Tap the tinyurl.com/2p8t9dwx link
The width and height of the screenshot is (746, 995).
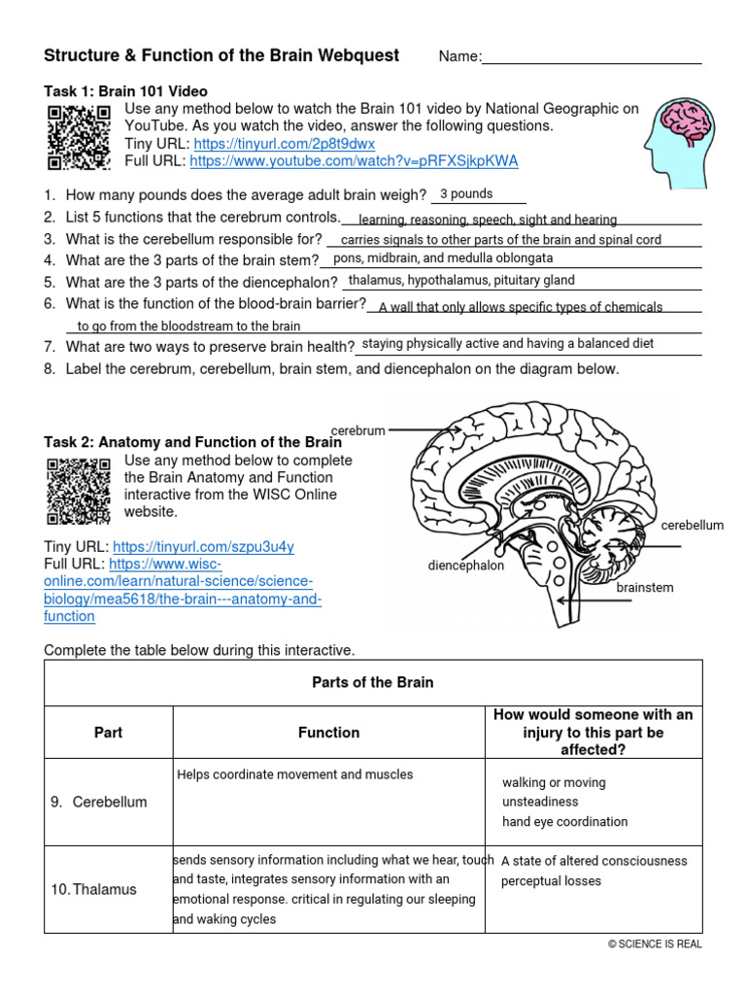pos(284,144)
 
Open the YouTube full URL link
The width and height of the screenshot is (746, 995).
pos(354,161)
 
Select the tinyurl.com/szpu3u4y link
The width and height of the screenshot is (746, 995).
pos(203,547)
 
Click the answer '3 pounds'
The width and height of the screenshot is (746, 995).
pos(466,194)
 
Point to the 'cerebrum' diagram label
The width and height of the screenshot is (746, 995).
pos(358,430)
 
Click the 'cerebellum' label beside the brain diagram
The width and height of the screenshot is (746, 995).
pos(693,526)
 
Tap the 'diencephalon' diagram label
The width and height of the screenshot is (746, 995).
pos(466,566)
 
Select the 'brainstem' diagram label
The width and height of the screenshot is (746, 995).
pos(645,588)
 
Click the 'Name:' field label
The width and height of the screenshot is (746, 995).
pos(459,57)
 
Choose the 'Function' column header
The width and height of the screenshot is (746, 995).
pos(328,733)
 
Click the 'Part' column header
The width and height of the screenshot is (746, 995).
pos(108,733)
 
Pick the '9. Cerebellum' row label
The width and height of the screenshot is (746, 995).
pos(98,802)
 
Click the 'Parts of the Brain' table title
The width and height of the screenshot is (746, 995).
pos(372,682)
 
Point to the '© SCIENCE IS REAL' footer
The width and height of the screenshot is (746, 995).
pos(655,944)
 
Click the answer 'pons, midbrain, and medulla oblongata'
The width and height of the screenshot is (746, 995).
pos(443,258)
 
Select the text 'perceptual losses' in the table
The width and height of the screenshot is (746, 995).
pos(551,881)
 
